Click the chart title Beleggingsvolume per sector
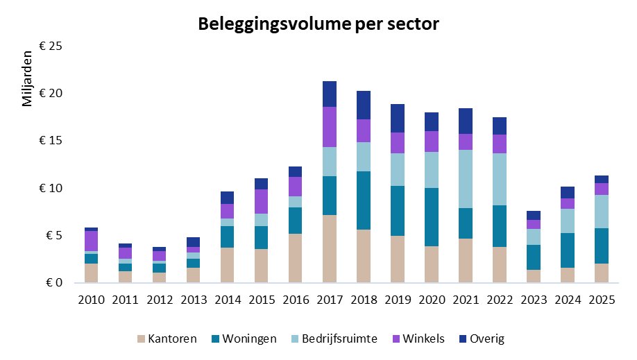pos(318,24)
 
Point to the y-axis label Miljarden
pos(27,78)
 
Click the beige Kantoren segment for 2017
pos(329,249)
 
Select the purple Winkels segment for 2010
pos(91,241)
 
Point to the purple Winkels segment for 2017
pos(329,127)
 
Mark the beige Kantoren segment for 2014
pos(227,265)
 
